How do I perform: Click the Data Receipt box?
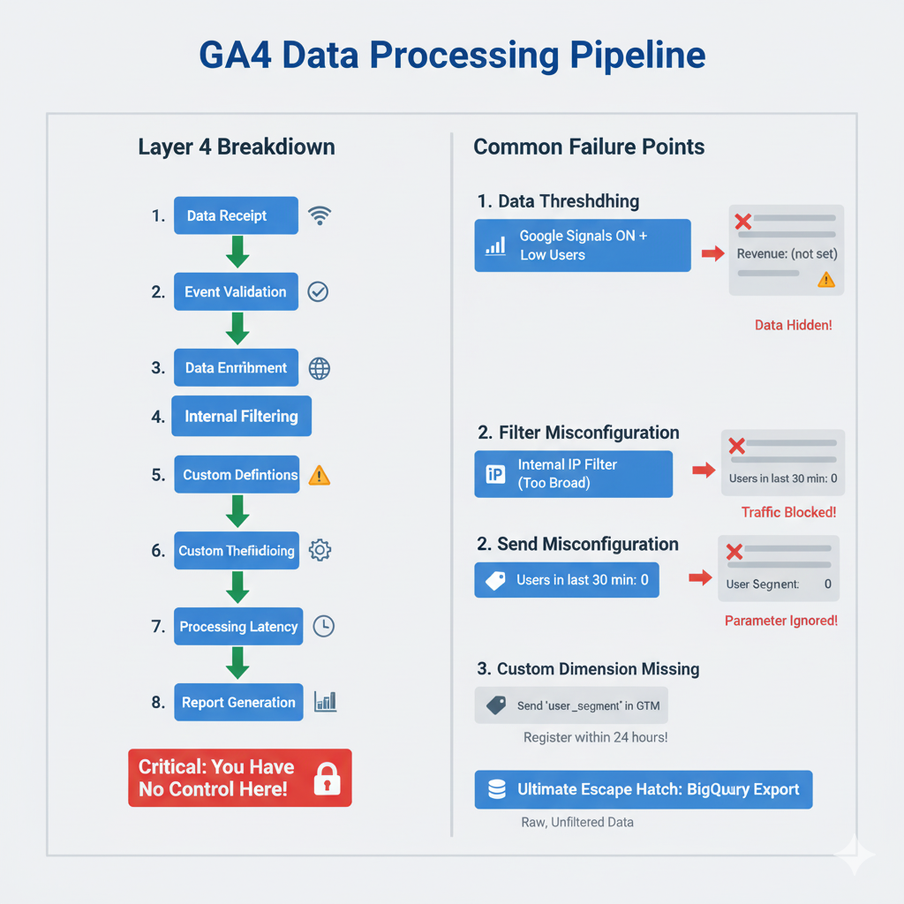236,215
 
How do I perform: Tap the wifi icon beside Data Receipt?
320,215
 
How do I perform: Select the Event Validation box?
236,291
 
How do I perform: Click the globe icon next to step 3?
320,368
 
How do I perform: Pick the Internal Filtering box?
241,417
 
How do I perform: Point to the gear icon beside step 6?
320,551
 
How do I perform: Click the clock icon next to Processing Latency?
324,626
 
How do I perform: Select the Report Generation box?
238,703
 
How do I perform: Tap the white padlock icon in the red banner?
327,779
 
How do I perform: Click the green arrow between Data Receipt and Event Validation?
237,252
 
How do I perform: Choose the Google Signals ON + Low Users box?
583,245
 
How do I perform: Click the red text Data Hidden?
793,326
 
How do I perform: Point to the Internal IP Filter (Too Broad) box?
573,473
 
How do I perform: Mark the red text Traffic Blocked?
788,512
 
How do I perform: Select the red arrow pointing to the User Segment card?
700,578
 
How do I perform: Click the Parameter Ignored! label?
780,621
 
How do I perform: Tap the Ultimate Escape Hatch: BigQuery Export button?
643,789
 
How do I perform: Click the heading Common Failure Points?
589,147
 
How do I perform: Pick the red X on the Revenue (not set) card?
742,221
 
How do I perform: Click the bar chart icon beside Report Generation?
325,703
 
